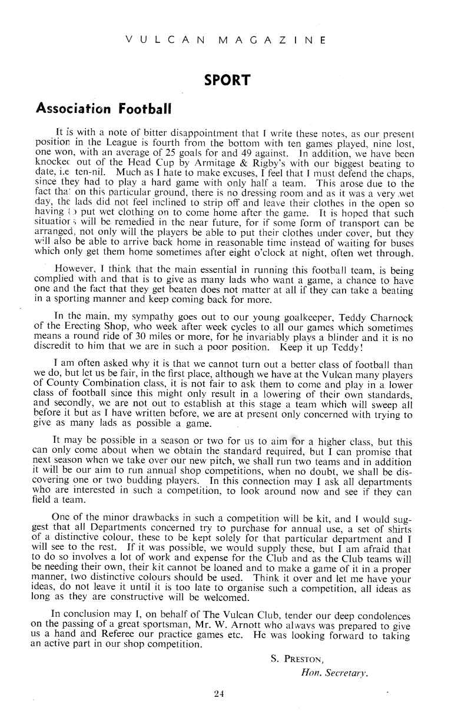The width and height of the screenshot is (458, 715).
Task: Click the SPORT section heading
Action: (x=227, y=80)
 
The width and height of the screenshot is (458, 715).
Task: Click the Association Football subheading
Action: (x=104, y=108)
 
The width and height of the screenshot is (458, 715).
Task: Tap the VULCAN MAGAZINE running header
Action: (x=227, y=40)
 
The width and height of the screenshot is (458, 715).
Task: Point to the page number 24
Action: (x=219, y=694)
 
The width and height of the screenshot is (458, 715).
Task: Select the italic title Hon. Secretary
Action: (x=334, y=673)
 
